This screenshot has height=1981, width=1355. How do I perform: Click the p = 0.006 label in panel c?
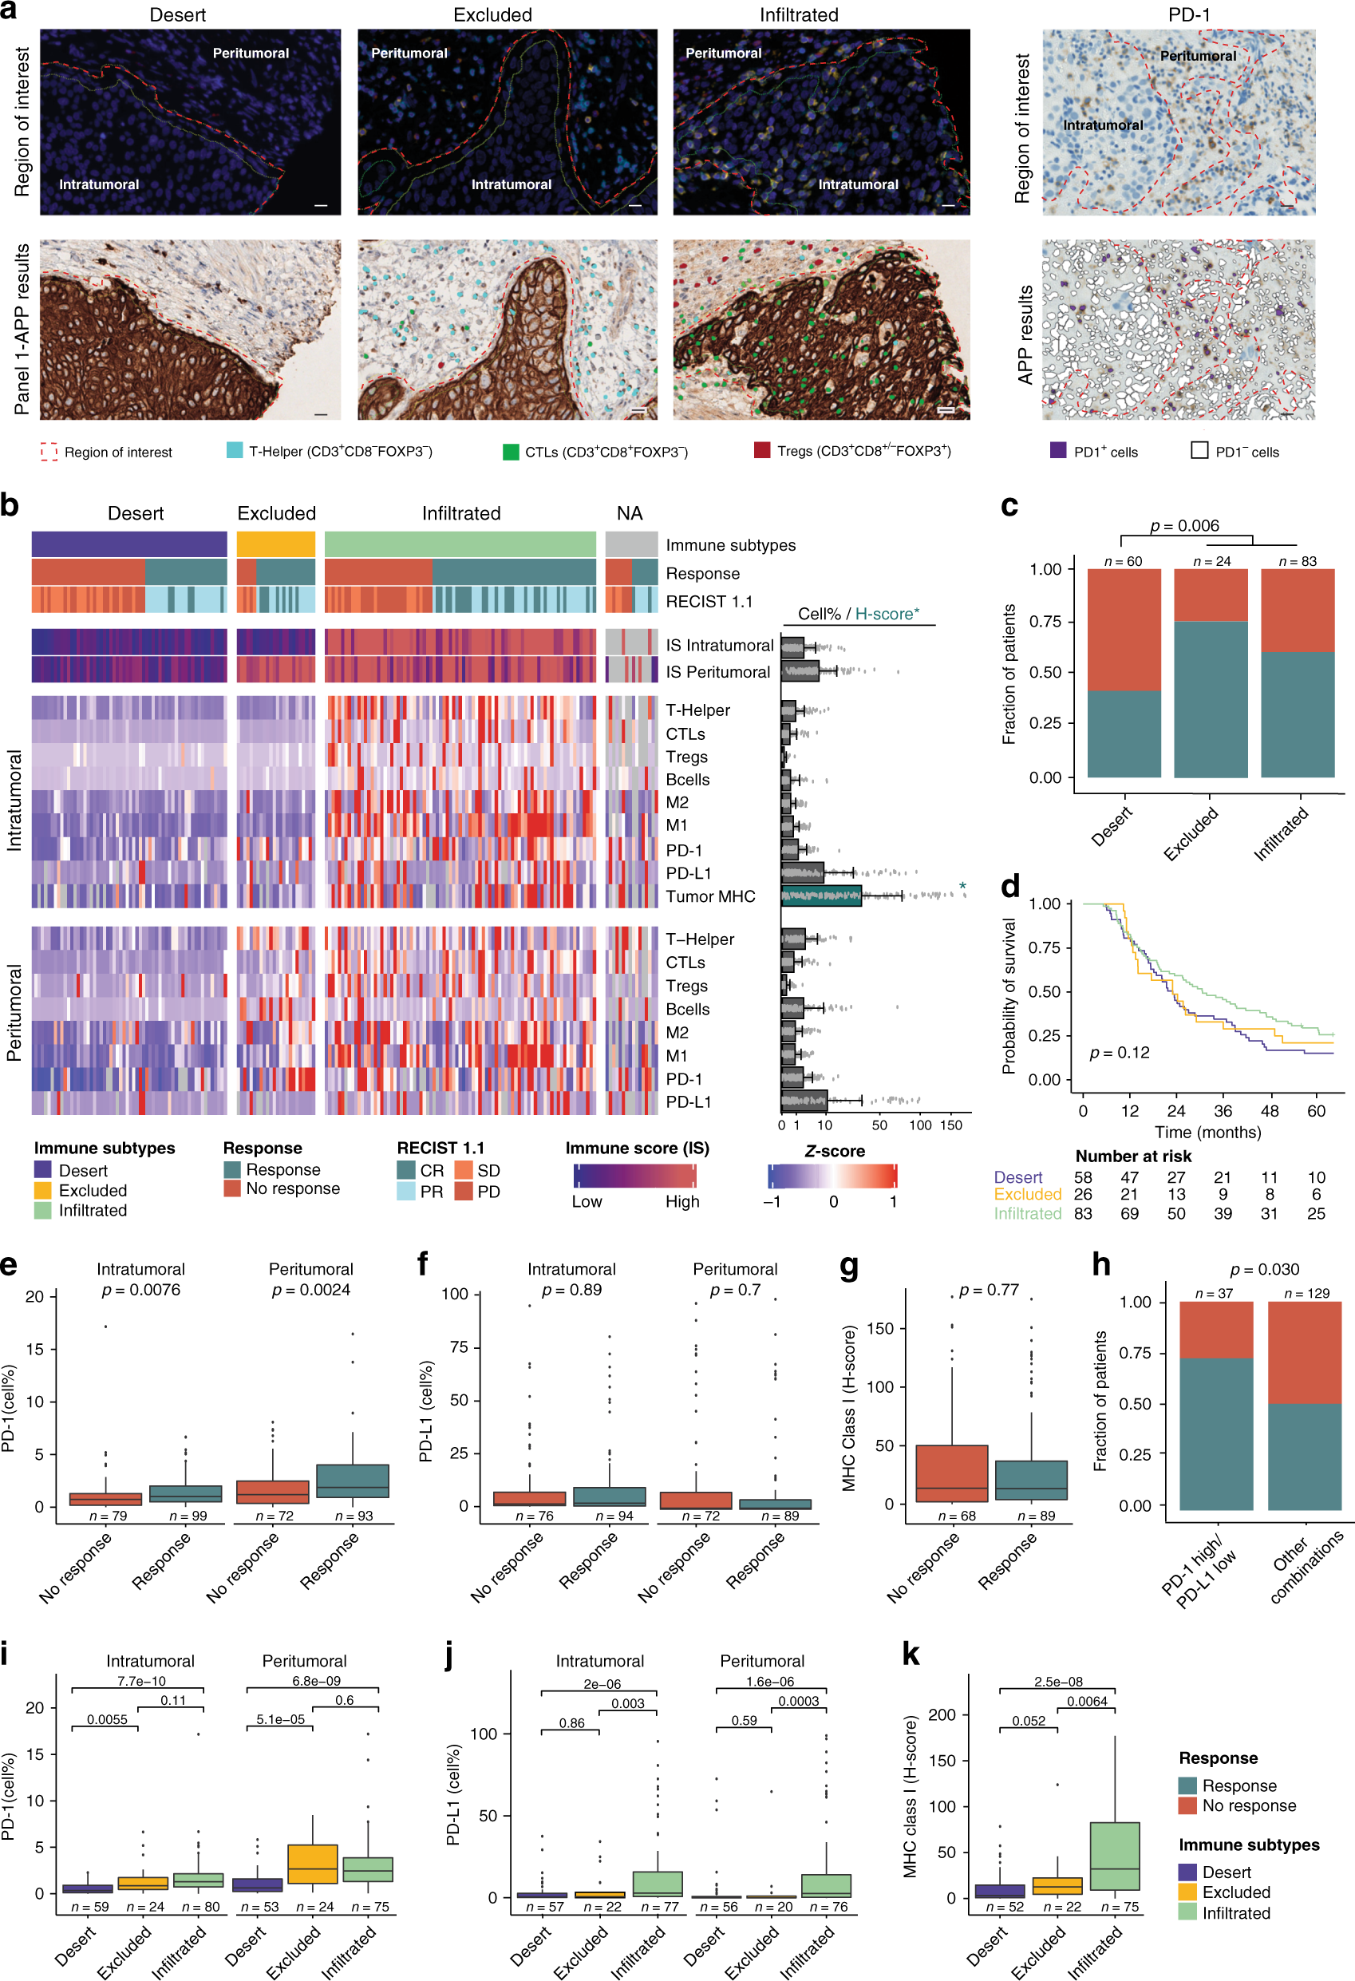[1183, 526]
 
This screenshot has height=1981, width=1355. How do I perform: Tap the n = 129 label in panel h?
[1306, 1293]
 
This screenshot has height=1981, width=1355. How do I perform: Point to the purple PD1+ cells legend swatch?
[1057, 451]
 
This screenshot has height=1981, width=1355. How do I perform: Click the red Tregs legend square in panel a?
[762, 450]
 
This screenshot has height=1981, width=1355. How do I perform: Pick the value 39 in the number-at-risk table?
[1222, 1213]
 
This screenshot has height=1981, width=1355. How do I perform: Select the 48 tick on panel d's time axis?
[1269, 1111]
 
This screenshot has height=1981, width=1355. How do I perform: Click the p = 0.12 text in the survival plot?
[1119, 1053]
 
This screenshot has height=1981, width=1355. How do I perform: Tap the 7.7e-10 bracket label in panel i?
[141, 1681]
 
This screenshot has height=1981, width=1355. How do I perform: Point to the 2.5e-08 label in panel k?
[1057, 1682]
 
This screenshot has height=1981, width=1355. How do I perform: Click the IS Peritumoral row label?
[717, 672]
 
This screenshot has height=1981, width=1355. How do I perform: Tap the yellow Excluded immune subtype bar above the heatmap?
[275, 544]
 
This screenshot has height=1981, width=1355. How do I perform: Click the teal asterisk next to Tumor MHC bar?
[962, 887]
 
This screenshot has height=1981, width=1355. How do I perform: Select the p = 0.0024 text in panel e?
[310, 1290]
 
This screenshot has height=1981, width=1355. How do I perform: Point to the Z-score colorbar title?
[834, 1151]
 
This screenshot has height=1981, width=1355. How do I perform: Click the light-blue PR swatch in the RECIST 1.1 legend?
[405, 1191]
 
